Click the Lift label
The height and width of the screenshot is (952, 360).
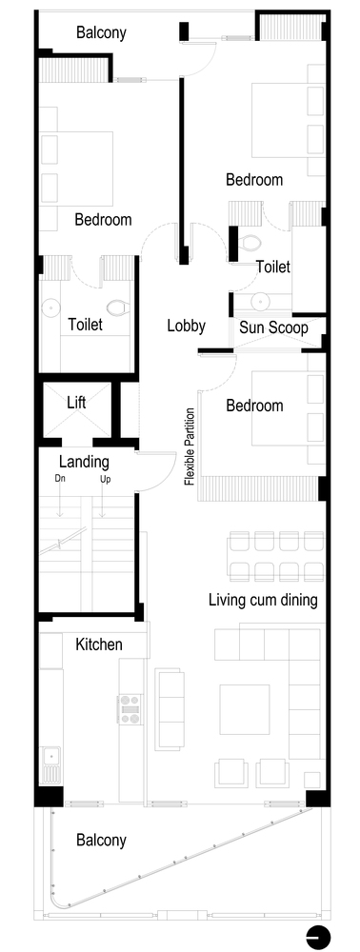click(x=76, y=403)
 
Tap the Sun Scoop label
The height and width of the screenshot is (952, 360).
click(x=270, y=327)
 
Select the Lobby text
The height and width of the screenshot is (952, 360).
click(x=186, y=326)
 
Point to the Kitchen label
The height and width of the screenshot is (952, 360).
click(x=99, y=645)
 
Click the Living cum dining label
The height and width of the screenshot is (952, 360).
click(x=263, y=600)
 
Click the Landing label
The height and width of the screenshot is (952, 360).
click(x=83, y=461)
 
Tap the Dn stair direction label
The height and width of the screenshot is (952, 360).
click(x=60, y=479)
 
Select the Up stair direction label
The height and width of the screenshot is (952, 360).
click(x=106, y=479)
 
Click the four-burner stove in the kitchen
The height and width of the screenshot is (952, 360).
click(x=129, y=710)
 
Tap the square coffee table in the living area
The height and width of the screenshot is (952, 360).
click(x=244, y=708)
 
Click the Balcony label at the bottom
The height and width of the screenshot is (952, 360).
click(x=101, y=841)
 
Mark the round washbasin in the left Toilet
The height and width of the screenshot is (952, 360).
click(x=50, y=307)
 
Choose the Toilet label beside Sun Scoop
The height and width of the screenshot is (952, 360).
click(x=272, y=268)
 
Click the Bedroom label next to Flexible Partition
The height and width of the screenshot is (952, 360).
click(x=254, y=406)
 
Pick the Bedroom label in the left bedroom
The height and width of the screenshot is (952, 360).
click(x=103, y=219)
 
